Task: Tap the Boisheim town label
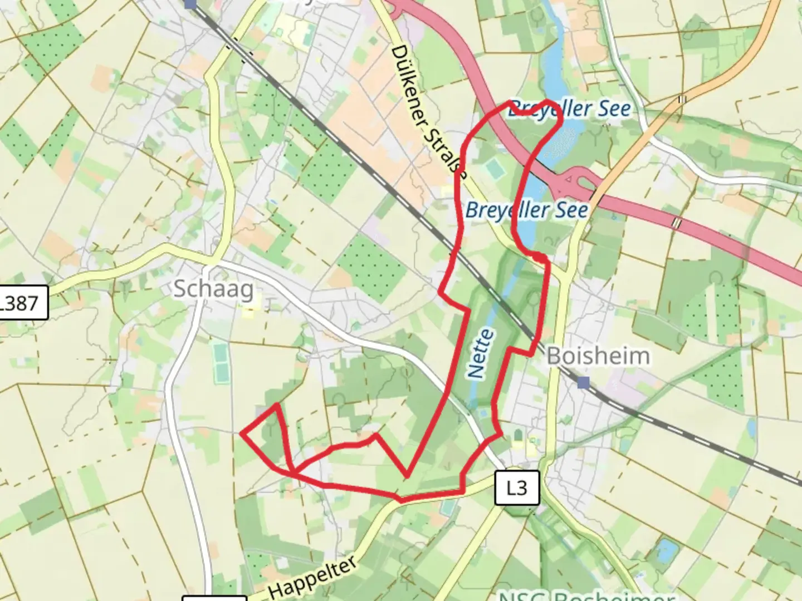[x=598, y=356]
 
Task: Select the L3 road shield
[x=517, y=488]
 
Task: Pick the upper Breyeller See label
[x=570, y=109]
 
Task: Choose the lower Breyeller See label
[x=526, y=210]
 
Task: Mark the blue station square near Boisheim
[x=583, y=383]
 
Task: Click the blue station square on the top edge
[x=190, y=3]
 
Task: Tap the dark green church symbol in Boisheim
[x=519, y=433]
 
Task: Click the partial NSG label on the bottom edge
[x=585, y=595]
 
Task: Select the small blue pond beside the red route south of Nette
[x=482, y=413]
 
